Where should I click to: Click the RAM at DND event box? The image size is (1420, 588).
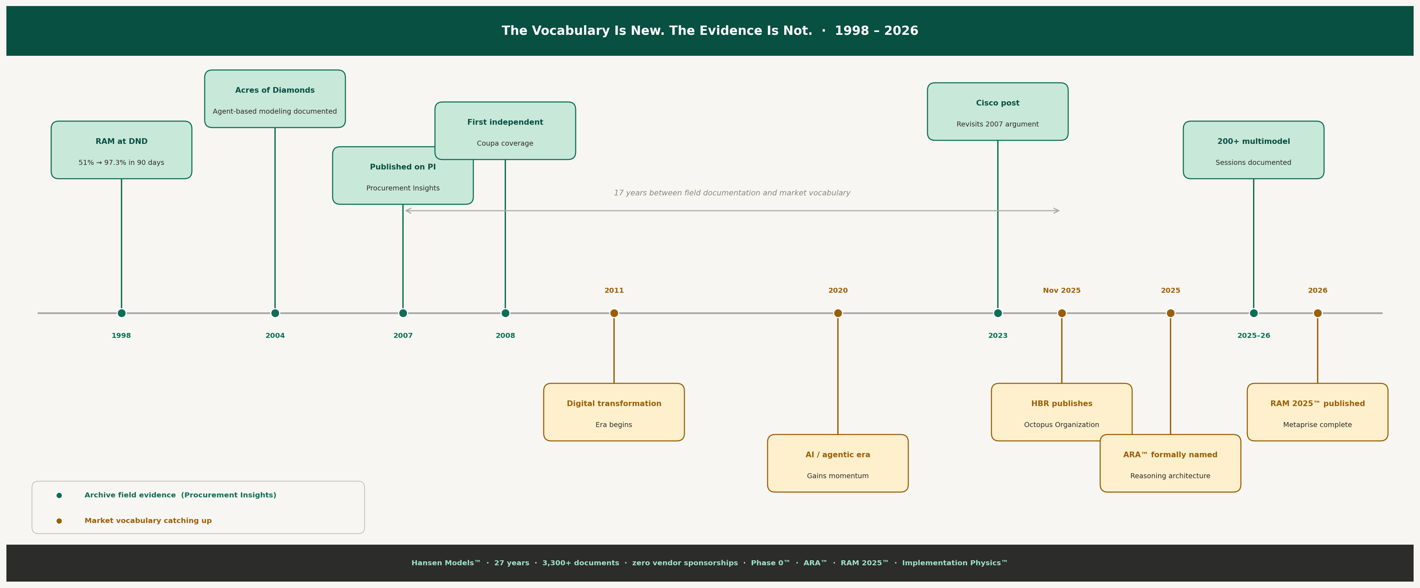[x=121, y=150]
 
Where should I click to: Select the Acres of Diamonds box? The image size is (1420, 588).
[x=275, y=99]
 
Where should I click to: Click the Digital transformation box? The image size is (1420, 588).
[x=614, y=412]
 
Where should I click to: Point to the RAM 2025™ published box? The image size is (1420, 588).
[x=1317, y=412]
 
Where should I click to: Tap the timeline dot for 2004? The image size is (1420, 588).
[x=275, y=313]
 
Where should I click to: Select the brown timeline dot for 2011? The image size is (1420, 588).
[x=614, y=313]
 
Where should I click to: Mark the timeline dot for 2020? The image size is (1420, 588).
[x=838, y=313]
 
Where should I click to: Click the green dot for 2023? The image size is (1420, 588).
[x=998, y=313]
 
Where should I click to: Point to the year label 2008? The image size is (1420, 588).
[x=505, y=336]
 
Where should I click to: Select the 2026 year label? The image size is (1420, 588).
[x=1317, y=290]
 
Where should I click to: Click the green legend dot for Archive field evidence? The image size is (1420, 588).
[x=59, y=495]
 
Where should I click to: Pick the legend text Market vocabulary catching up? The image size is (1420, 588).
[x=148, y=521]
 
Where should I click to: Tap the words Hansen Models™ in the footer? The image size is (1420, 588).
[x=445, y=563]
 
